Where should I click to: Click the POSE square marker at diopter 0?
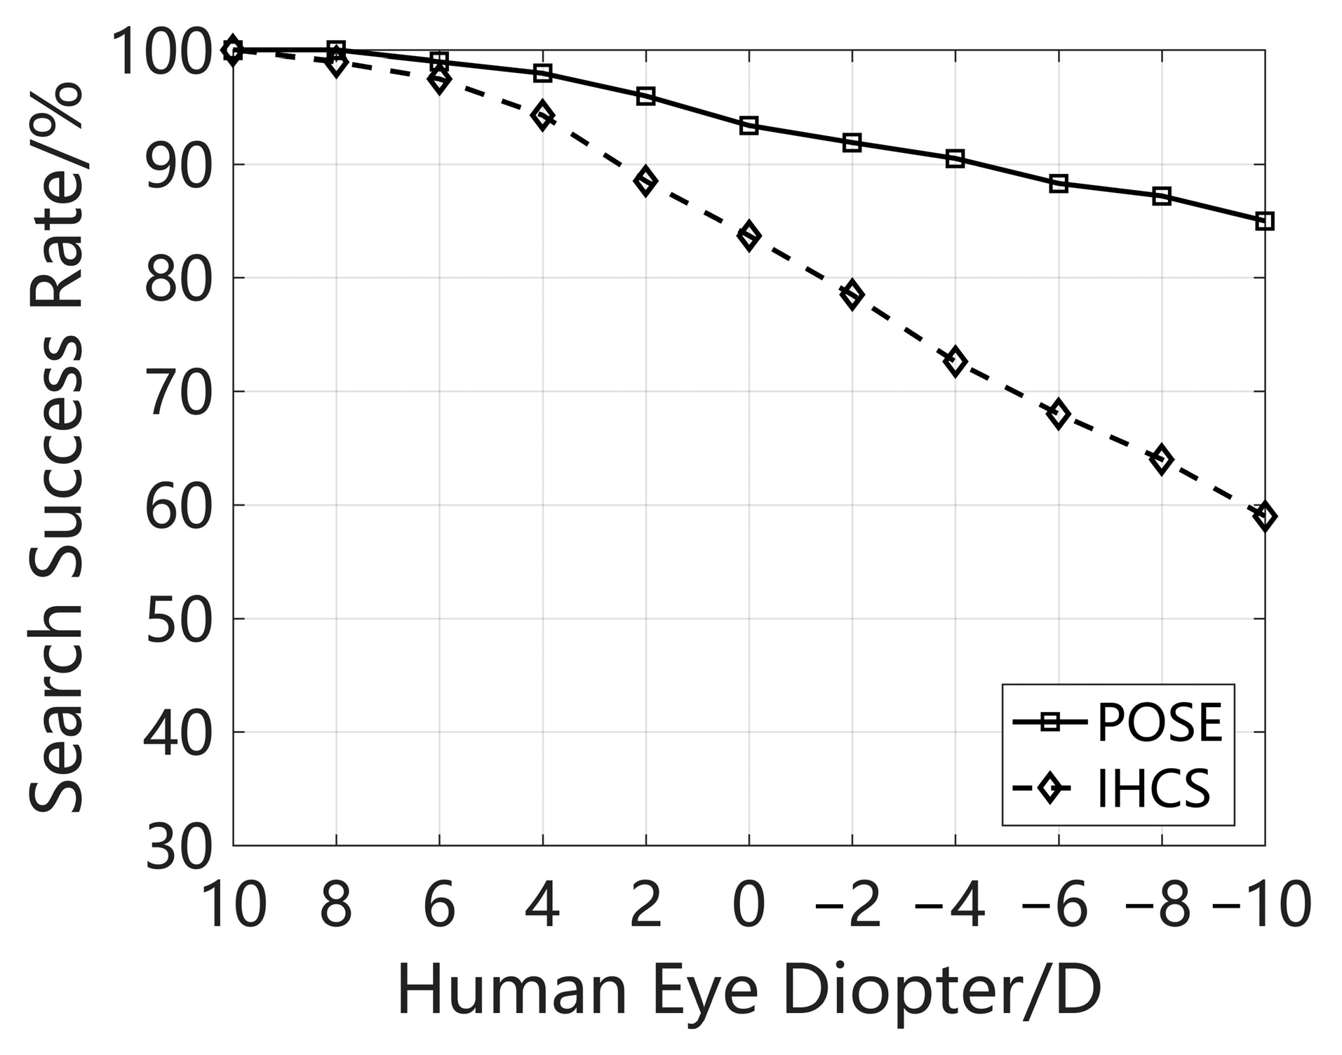click(x=749, y=126)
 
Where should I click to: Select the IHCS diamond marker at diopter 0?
click(x=749, y=236)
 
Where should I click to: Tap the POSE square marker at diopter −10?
click(x=1265, y=222)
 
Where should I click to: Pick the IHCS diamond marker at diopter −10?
click(x=1265, y=518)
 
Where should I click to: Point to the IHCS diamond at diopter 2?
click(x=645, y=182)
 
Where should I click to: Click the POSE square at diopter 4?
click(x=542, y=73)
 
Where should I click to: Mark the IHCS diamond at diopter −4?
click(x=955, y=361)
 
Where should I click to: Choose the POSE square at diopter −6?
click(x=1059, y=184)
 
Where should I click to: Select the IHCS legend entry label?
click(x=1153, y=789)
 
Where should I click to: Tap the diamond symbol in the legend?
click(x=1050, y=788)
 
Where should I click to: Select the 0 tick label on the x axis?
click(x=749, y=905)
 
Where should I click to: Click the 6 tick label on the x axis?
click(x=439, y=905)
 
